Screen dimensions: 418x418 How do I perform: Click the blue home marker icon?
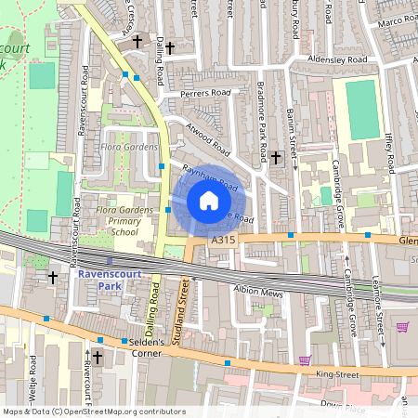pyautogui.click(x=209, y=200)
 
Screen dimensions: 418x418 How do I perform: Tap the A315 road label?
pyautogui.click(x=223, y=240)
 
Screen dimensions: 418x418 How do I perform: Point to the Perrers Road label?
pyautogui.click(x=205, y=93)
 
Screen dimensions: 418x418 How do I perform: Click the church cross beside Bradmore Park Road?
pyautogui.click(x=276, y=158)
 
